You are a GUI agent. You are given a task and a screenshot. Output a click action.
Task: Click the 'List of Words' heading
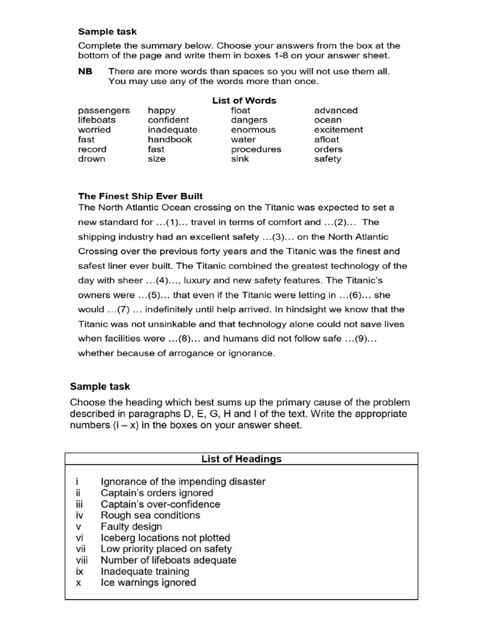(x=244, y=100)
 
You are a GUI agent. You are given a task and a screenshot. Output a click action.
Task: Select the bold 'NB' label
(x=85, y=71)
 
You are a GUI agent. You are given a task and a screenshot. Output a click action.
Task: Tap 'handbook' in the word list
(x=170, y=139)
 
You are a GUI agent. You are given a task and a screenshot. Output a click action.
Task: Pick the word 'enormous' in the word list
(x=253, y=129)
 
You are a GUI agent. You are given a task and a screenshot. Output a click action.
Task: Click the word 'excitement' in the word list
(x=339, y=129)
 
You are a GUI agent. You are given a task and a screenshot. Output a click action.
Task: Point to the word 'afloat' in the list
(x=327, y=139)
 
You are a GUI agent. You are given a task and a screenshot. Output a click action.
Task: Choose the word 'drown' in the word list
(x=91, y=159)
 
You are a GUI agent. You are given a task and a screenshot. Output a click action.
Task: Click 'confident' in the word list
(x=168, y=119)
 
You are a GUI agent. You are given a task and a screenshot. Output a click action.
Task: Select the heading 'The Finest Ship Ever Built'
(x=140, y=197)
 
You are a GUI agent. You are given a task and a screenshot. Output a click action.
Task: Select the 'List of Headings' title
(x=241, y=459)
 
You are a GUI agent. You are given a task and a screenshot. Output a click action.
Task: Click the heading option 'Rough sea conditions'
(x=150, y=515)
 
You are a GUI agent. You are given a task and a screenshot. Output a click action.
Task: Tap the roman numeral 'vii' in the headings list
(x=79, y=549)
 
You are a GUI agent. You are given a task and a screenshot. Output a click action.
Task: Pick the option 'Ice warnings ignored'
(x=148, y=582)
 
